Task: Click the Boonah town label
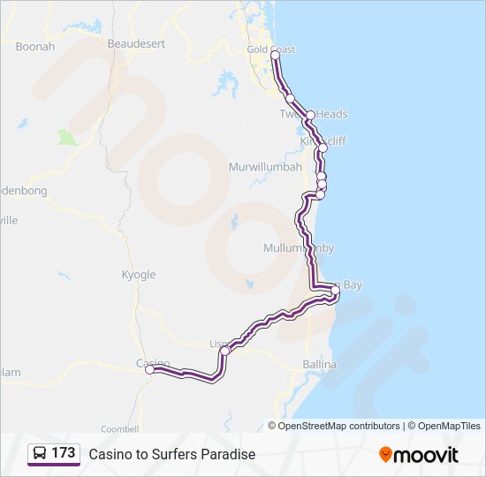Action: pos(34,46)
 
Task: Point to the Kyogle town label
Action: pos(138,275)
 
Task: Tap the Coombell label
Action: pos(119,428)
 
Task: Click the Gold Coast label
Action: pos(271,49)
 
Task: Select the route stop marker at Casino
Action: pos(150,370)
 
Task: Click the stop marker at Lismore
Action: pos(224,351)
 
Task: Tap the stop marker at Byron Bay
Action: pos(336,290)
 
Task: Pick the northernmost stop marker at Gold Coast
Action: pos(275,55)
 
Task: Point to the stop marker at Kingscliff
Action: pos(323,148)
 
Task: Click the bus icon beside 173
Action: pos(40,453)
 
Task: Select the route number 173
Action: pos(63,453)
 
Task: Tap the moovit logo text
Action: pos(426,454)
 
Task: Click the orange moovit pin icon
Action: pos(385,454)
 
